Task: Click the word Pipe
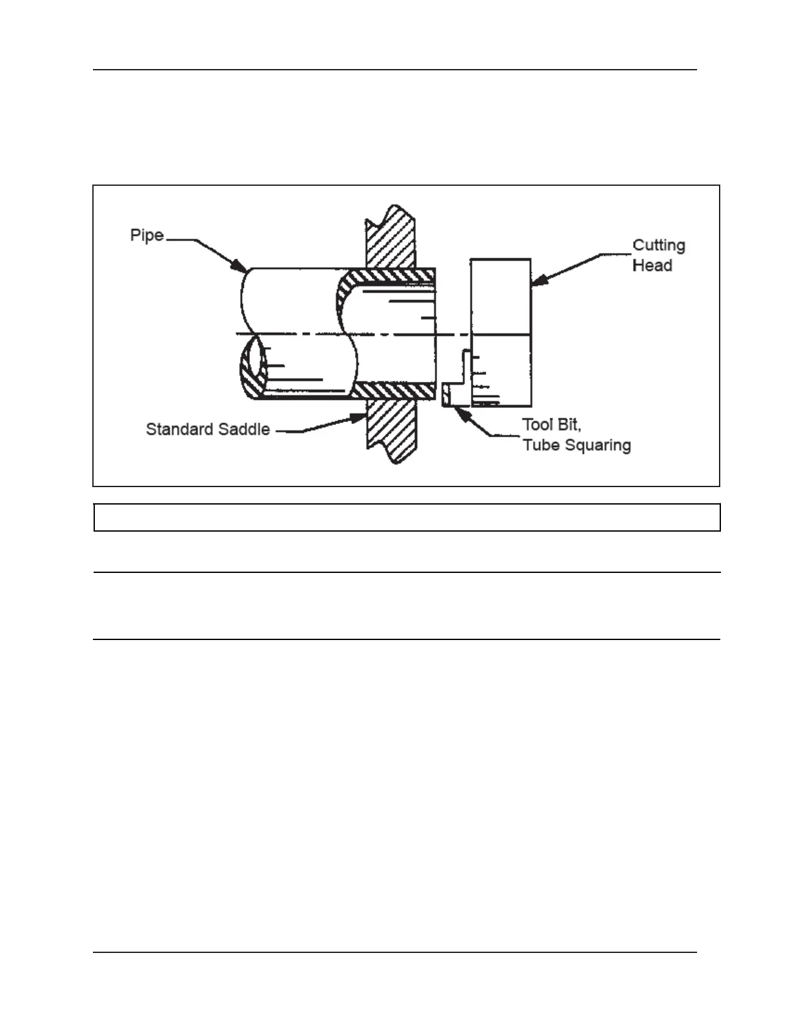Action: coord(147,235)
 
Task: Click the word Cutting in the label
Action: coord(658,246)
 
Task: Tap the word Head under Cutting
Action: coord(652,266)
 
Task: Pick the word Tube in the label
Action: coord(541,445)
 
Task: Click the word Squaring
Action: coord(596,446)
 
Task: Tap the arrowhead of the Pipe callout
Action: coord(241,268)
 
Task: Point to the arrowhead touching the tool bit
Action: coord(460,412)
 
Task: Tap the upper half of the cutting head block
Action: coord(501,297)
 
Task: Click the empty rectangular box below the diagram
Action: coord(407,517)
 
